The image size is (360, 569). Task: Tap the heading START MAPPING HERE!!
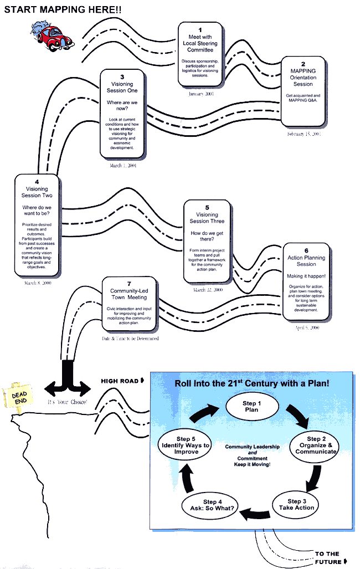62,9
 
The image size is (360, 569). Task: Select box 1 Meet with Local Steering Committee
200,54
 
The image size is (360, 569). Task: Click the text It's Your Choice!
68,402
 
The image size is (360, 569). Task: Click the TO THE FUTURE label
328,557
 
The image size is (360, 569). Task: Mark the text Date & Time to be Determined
130,338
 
